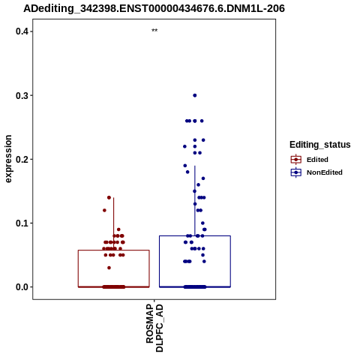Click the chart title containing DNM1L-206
click(154, 8)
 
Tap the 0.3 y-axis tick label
click(22, 95)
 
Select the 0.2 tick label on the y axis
click(22, 159)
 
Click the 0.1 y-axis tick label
click(22, 223)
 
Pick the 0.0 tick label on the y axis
click(22, 287)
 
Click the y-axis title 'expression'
click(9, 159)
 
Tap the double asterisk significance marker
click(154, 31)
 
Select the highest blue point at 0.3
click(195, 95)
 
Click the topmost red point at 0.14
click(109, 197)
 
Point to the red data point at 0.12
click(104, 210)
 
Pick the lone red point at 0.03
click(109, 268)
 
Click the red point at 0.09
click(118, 229)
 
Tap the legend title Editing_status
click(320, 145)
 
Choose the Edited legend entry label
click(317, 160)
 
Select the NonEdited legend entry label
click(325, 172)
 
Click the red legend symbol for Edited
click(296, 160)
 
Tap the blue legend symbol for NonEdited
click(296, 172)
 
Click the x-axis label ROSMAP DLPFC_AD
click(154, 328)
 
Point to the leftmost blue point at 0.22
click(184, 146)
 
